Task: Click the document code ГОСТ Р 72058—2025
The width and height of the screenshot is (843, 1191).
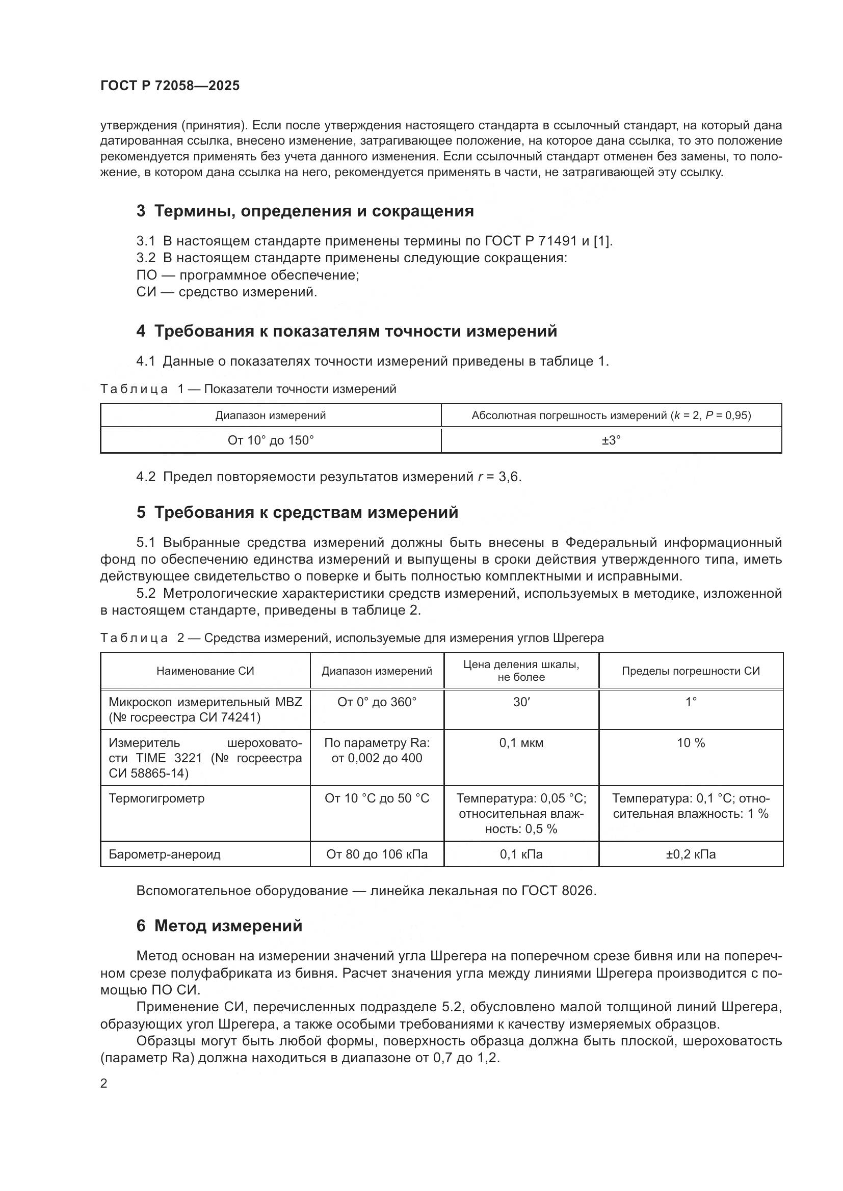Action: [170, 86]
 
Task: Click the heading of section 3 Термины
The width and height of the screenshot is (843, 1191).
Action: [305, 211]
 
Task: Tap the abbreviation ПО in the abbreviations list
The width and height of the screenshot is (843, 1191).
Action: [146, 275]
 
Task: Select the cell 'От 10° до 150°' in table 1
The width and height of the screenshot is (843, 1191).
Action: [271, 440]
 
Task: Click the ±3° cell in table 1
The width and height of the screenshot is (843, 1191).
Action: [611, 440]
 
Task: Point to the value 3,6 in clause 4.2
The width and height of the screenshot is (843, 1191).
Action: [509, 477]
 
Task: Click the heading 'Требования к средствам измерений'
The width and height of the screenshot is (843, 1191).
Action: [298, 513]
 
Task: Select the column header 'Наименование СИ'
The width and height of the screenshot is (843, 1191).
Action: [205, 671]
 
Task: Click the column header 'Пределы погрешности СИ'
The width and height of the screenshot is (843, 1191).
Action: [691, 671]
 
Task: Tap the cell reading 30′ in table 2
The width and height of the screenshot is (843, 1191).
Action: [521, 702]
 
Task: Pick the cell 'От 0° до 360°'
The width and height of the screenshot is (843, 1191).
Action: [377, 702]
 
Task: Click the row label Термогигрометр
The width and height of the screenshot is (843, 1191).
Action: [156, 798]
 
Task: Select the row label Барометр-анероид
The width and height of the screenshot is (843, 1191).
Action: [165, 854]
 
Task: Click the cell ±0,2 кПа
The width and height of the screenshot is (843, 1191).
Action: [691, 854]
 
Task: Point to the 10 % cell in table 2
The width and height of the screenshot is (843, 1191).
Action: [691, 743]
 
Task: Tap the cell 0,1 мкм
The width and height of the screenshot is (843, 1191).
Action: [521, 743]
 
